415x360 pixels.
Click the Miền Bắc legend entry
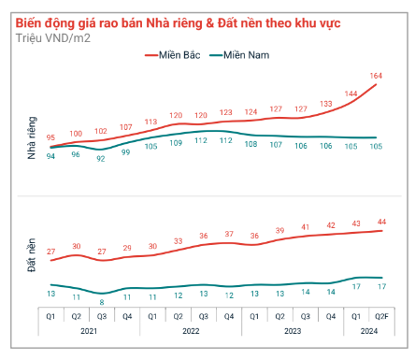pyautogui.click(x=174, y=56)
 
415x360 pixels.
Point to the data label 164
pyautogui.click(x=377, y=75)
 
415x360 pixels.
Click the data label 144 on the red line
pyautogui.click(x=351, y=94)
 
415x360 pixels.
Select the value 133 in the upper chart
pyautogui.click(x=326, y=104)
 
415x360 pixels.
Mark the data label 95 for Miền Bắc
pyautogui.click(x=51, y=137)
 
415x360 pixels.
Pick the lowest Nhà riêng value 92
pyautogui.click(x=101, y=159)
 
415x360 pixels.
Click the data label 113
pyautogui.click(x=151, y=122)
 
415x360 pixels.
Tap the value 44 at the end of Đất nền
pyautogui.click(x=381, y=222)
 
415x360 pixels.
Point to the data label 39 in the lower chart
pyautogui.click(x=278, y=231)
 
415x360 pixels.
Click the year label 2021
pyautogui.click(x=89, y=331)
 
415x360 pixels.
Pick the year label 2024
pyautogui.click(x=369, y=331)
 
